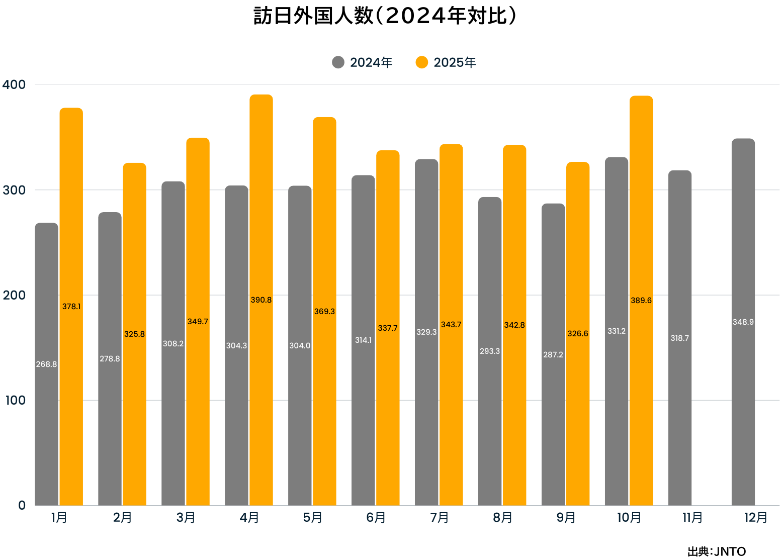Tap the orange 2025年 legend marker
tap(421, 62)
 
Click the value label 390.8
tap(261, 300)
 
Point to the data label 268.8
tap(46, 364)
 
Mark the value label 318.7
tap(679, 338)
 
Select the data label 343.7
tap(451, 325)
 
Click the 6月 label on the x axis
tap(376, 518)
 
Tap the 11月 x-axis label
tap(692, 518)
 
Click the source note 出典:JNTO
tap(717, 551)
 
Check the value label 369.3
tap(324, 312)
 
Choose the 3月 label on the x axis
tap(186, 518)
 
